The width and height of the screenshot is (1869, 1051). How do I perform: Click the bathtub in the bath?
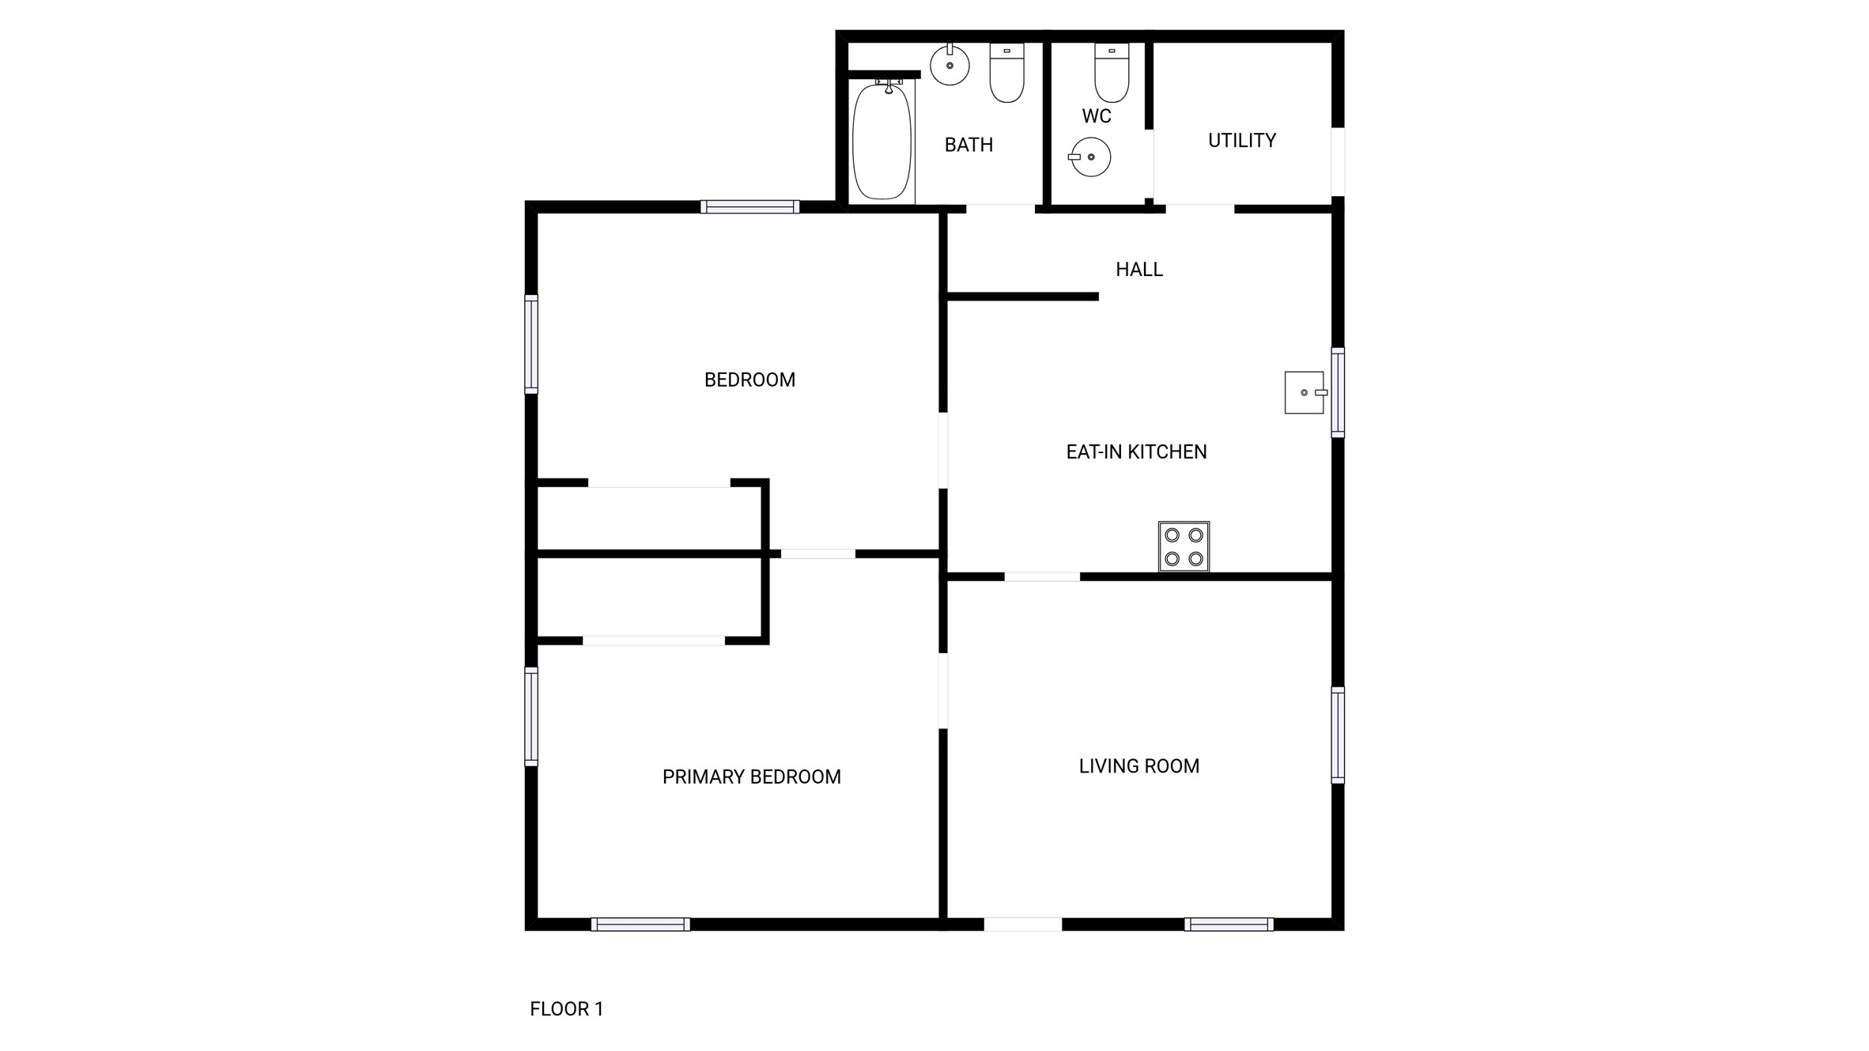[x=882, y=142]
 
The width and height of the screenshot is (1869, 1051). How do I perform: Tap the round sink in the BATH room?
[x=950, y=66]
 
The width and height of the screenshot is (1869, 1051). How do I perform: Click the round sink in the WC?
[x=1090, y=157]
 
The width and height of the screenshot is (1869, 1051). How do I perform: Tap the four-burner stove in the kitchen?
[x=1184, y=546]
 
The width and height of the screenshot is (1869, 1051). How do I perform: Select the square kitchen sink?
[x=1304, y=392]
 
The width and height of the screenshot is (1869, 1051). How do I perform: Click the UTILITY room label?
[x=1241, y=141]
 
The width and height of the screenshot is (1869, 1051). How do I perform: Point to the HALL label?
[x=1138, y=270]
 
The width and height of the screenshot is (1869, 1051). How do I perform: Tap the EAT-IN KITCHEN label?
[x=1136, y=452]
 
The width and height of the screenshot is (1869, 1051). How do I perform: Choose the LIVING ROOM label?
[x=1138, y=766]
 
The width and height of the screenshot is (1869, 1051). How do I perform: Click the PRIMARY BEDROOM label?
[x=751, y=777]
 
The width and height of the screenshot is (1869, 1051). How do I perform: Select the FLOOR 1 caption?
[x=566, y=1009]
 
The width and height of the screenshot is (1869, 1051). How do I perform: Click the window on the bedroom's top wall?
[x=749, y=207]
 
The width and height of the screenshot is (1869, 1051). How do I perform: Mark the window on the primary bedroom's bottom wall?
[x=640, y=924]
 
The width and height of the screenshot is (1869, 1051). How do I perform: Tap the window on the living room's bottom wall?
[x=1229, y=924]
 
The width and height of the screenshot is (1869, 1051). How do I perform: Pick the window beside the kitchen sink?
[x=1338, y=392]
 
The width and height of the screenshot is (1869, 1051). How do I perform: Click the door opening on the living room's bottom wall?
[x=1022, y=924]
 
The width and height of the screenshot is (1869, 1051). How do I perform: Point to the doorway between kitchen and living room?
[x=1042, y=577]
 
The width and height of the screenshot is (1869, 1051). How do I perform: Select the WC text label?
[x=1097, y=116]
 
